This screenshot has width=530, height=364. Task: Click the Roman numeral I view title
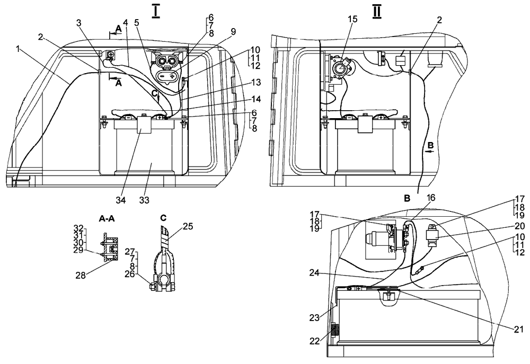click(x=156, y=10)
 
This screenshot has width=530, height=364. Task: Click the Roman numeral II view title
click(x=377, y=10)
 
